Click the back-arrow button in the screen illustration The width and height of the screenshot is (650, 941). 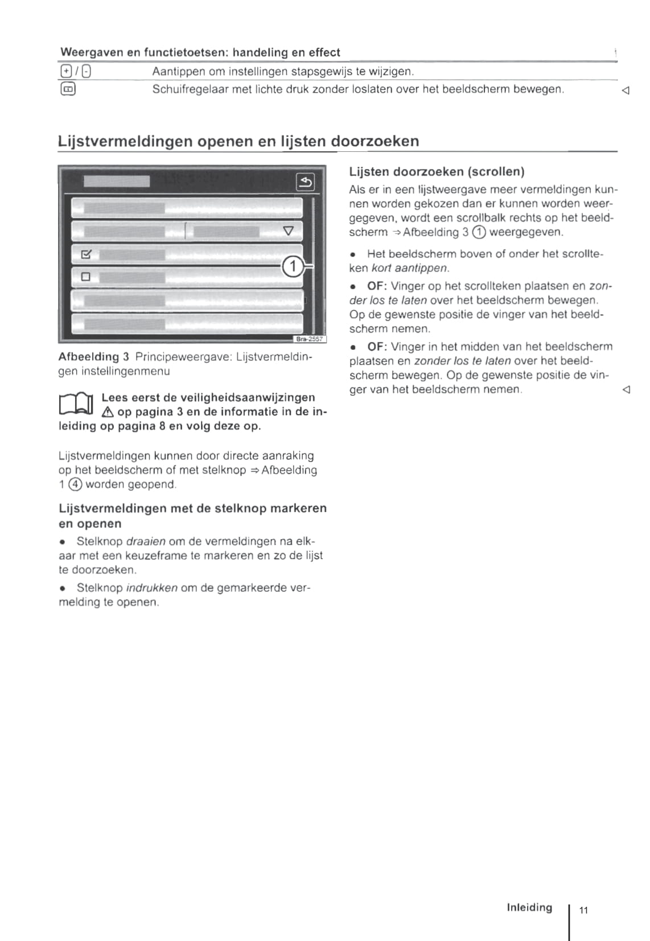[306, 182]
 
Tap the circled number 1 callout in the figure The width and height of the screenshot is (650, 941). [293, 266]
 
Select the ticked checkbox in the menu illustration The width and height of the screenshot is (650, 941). [87, 254]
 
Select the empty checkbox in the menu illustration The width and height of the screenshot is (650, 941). [86, 277]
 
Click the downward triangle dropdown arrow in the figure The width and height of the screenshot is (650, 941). [289, 230]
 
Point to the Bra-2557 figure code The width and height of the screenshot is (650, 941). [309, 339]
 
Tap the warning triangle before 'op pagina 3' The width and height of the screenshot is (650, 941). [107, 412]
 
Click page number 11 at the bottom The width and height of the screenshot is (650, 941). [583, 910]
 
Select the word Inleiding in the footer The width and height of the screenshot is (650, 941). [529, 907]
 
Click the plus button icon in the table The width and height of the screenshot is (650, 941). [65, 72]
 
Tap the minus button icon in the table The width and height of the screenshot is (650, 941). [87, 72]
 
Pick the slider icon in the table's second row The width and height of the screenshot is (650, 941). [68, 89]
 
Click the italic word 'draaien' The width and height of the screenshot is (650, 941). [146, 541]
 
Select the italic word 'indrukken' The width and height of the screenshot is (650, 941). [151, 588]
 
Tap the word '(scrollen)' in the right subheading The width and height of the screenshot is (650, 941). [495, 172]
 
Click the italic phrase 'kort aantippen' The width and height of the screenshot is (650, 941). [410, 268]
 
